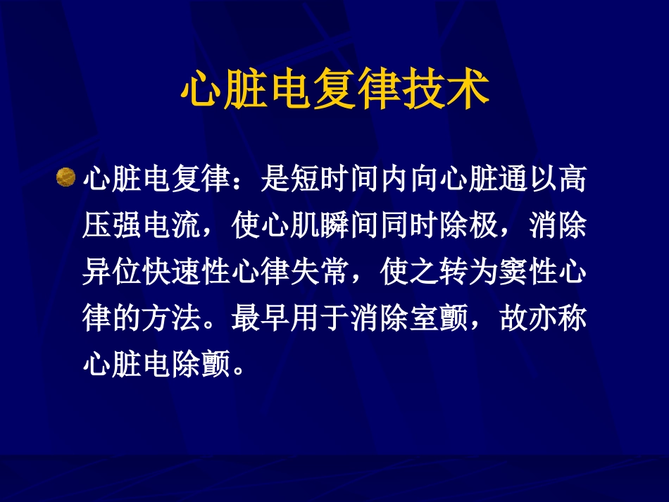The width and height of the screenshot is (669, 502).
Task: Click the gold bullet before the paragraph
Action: (x=65, y=177)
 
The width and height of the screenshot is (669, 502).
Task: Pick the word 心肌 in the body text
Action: (x=290, y=227)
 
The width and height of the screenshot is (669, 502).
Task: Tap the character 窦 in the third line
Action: (x=511, y=273)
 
